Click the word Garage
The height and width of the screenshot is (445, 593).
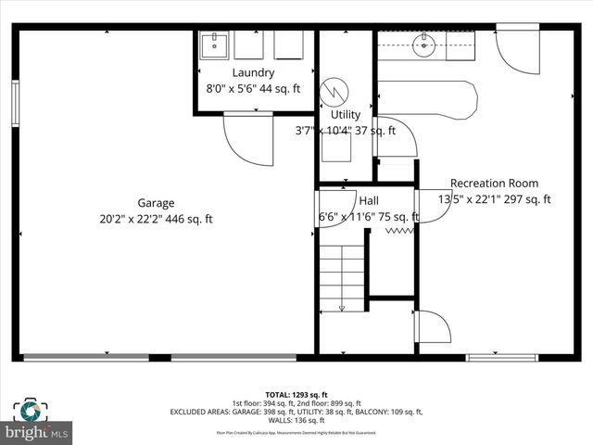tap(156, 203)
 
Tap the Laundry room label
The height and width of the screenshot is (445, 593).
tap(253, 72)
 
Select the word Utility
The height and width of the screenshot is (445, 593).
tap(345, 114)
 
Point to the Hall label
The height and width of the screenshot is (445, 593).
tap(369, 200)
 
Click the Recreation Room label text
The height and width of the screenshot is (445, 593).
tap(494, 183)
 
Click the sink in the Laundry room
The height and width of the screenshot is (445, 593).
tap(215, 44)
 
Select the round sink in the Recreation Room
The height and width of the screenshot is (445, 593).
tap(425, 44)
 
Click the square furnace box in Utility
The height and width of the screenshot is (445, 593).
tap(336, 146)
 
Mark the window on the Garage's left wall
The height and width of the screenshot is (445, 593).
tap(15, 103)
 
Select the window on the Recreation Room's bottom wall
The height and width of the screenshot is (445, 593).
tap(501, 357)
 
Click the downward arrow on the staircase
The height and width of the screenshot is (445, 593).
tap(341, 305)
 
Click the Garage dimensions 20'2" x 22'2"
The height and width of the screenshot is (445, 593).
tap(156, 220)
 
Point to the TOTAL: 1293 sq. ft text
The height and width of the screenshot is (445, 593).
tap(296, 394)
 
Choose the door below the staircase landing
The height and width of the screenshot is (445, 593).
tap(432, 328)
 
